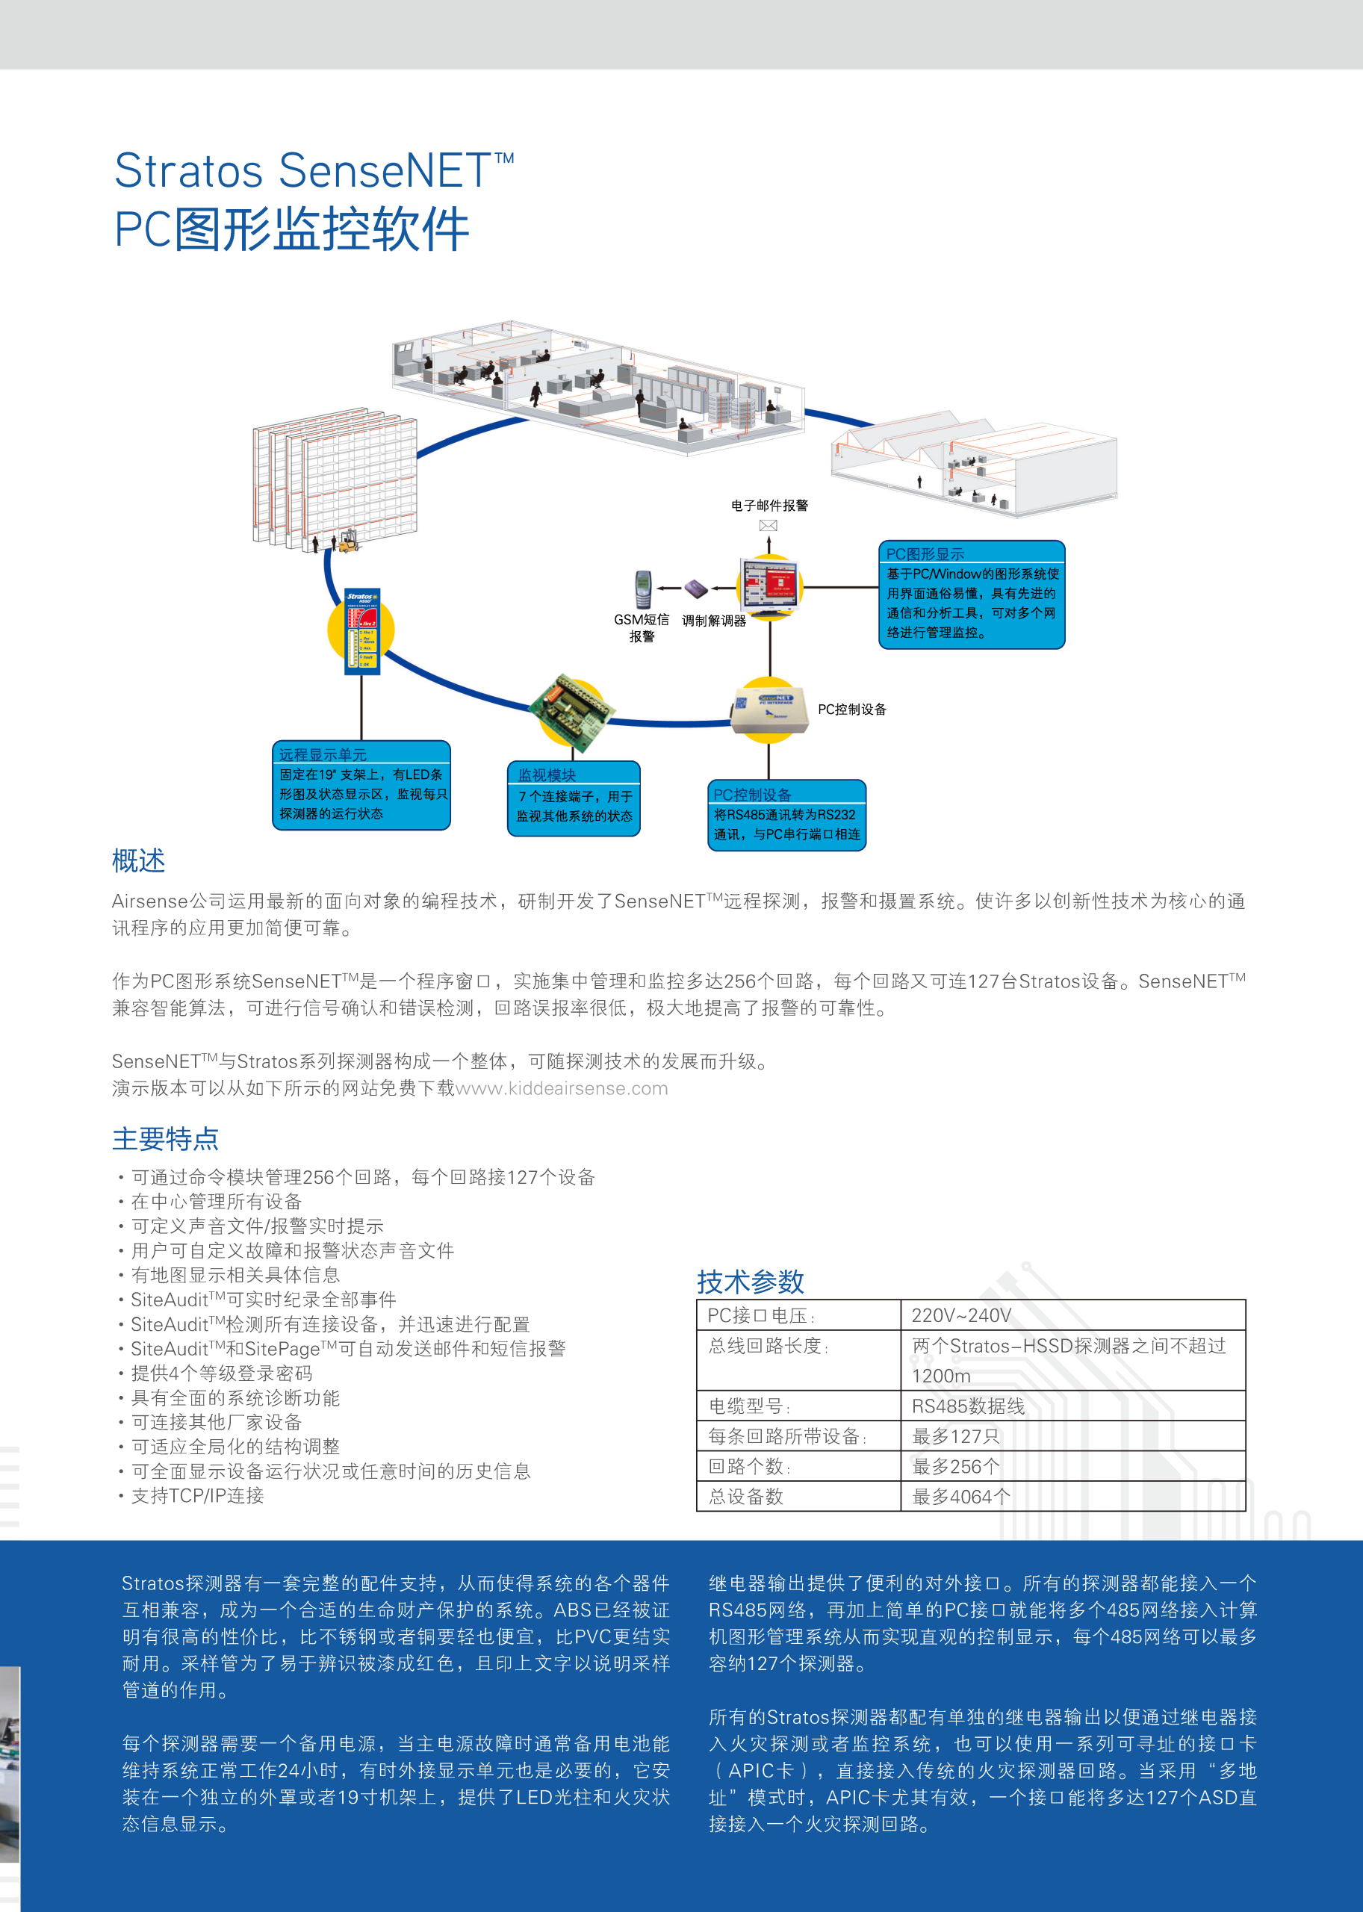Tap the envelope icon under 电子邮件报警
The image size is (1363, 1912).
click(768, 525)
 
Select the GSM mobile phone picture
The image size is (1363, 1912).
click(642, 589)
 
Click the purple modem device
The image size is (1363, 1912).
click(696, 588)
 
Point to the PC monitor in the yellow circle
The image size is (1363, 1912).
click(769, 585)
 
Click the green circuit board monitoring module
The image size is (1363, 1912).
click(572, 712)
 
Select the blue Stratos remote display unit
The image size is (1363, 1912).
click(361, 631)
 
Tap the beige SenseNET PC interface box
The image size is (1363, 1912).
click(768, 711)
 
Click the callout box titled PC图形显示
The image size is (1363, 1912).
click(971, 595)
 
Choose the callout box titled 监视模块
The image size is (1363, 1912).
click(574, 798)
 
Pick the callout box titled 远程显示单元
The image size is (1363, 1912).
click(361, 785)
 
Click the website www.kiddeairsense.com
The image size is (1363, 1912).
click(562, 1089)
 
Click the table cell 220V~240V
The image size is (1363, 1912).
click(961, 1315)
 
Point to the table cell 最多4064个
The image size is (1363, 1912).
click(961, 1497)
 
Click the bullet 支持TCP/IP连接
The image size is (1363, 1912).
click(197, 1496)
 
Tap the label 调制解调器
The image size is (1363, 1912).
click(713, 621)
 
